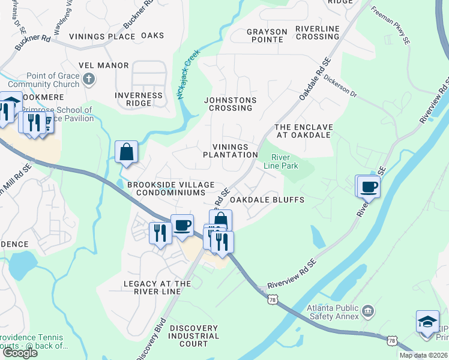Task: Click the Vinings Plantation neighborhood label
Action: click(230, 151)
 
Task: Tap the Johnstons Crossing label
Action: click(230, 104)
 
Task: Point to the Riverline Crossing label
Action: click(318, 32)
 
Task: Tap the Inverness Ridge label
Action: click(139, 99)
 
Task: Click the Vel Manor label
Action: click(103, 65)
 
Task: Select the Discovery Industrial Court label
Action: click(193, 336)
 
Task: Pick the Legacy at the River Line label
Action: click(157, 287)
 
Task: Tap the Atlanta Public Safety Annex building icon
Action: click(369, 311)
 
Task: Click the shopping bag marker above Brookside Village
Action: click(127, 151)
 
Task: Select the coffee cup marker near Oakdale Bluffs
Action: click(369, 186)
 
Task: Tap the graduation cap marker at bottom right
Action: click(427, 321)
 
